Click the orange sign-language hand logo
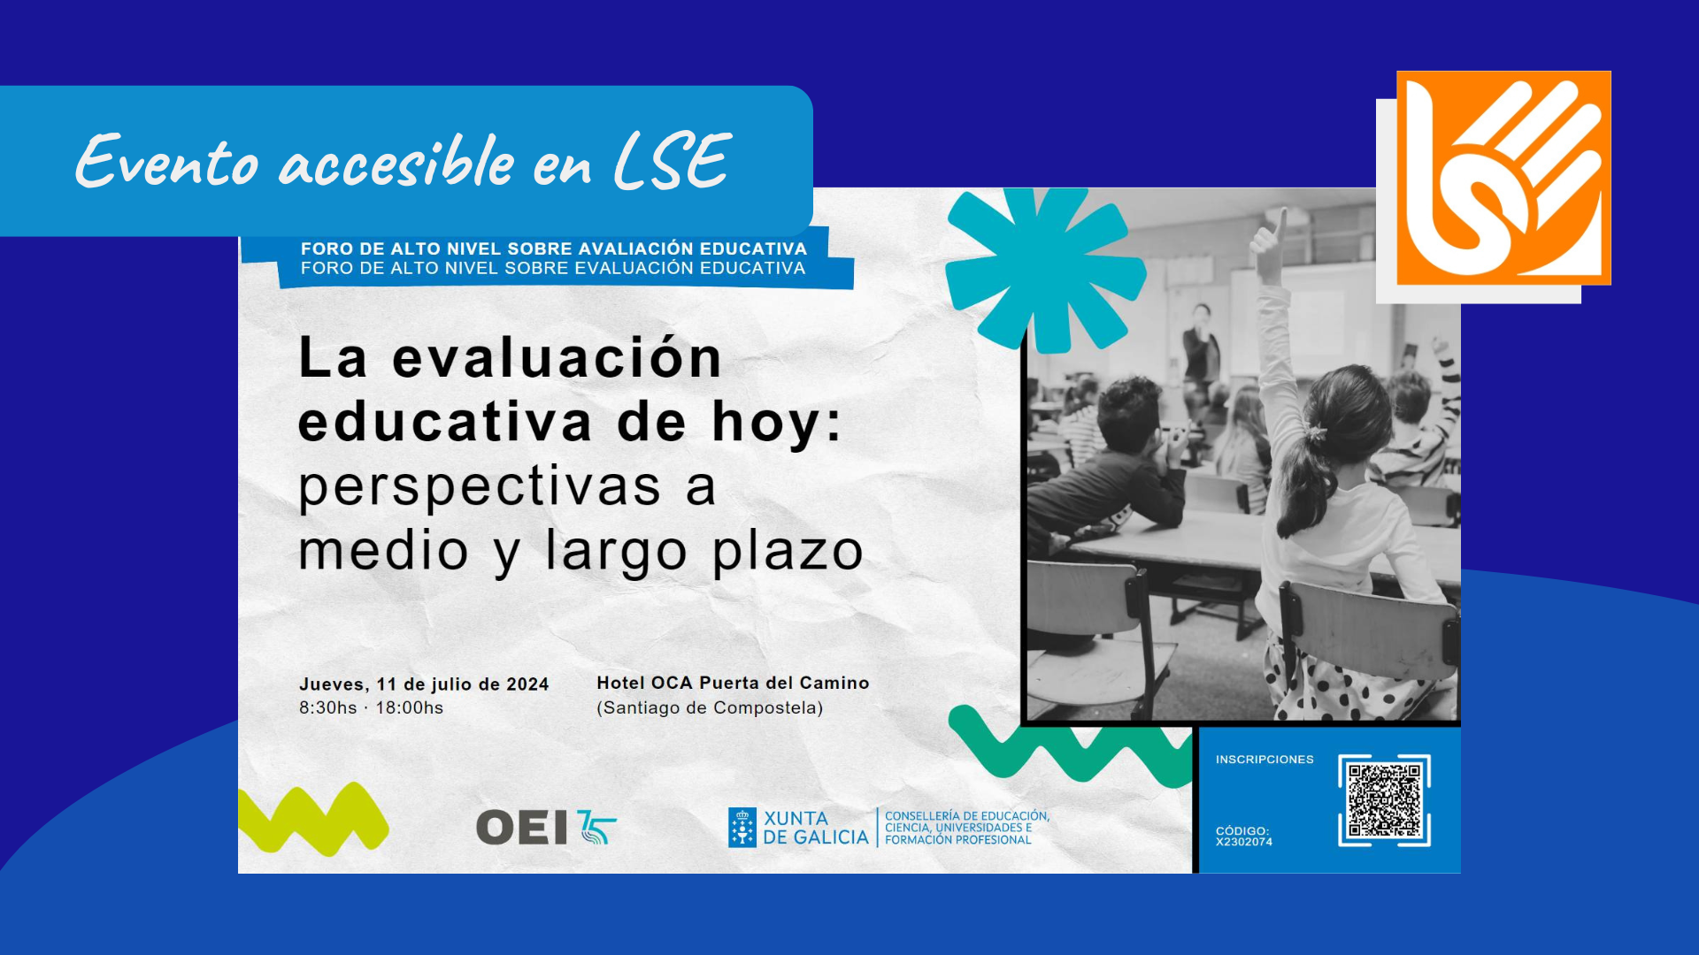pyautogui.click(x=1503, y=178)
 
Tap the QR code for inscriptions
pyautogui.click(x=1384, y=800)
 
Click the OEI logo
pyautogui.click(x=546, y=828)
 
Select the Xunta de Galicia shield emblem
pyautogui.click(x=742, y=828)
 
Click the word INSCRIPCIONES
pyautogui.click(x=1265, y=760)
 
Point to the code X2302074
pyautogui.click(x=1244, y=842)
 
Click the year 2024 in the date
pyautogui.click(x=527, y=684)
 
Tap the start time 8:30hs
pyautogui.click(x=328, y=708)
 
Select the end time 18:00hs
pyautogui.click(x=410, y=708)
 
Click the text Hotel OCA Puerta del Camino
pyautogui.click(x=733, y=683)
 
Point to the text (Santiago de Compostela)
pyautogui.click(x=710, y=708)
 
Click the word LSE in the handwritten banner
pyautogui.click(x=673, y=162)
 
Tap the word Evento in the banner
pyautogui.click(x=166, y=161)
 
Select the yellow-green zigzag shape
pyautogui.click(x=313, y=819)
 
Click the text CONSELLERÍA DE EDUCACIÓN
pyautogui.click(x=967, y=816)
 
